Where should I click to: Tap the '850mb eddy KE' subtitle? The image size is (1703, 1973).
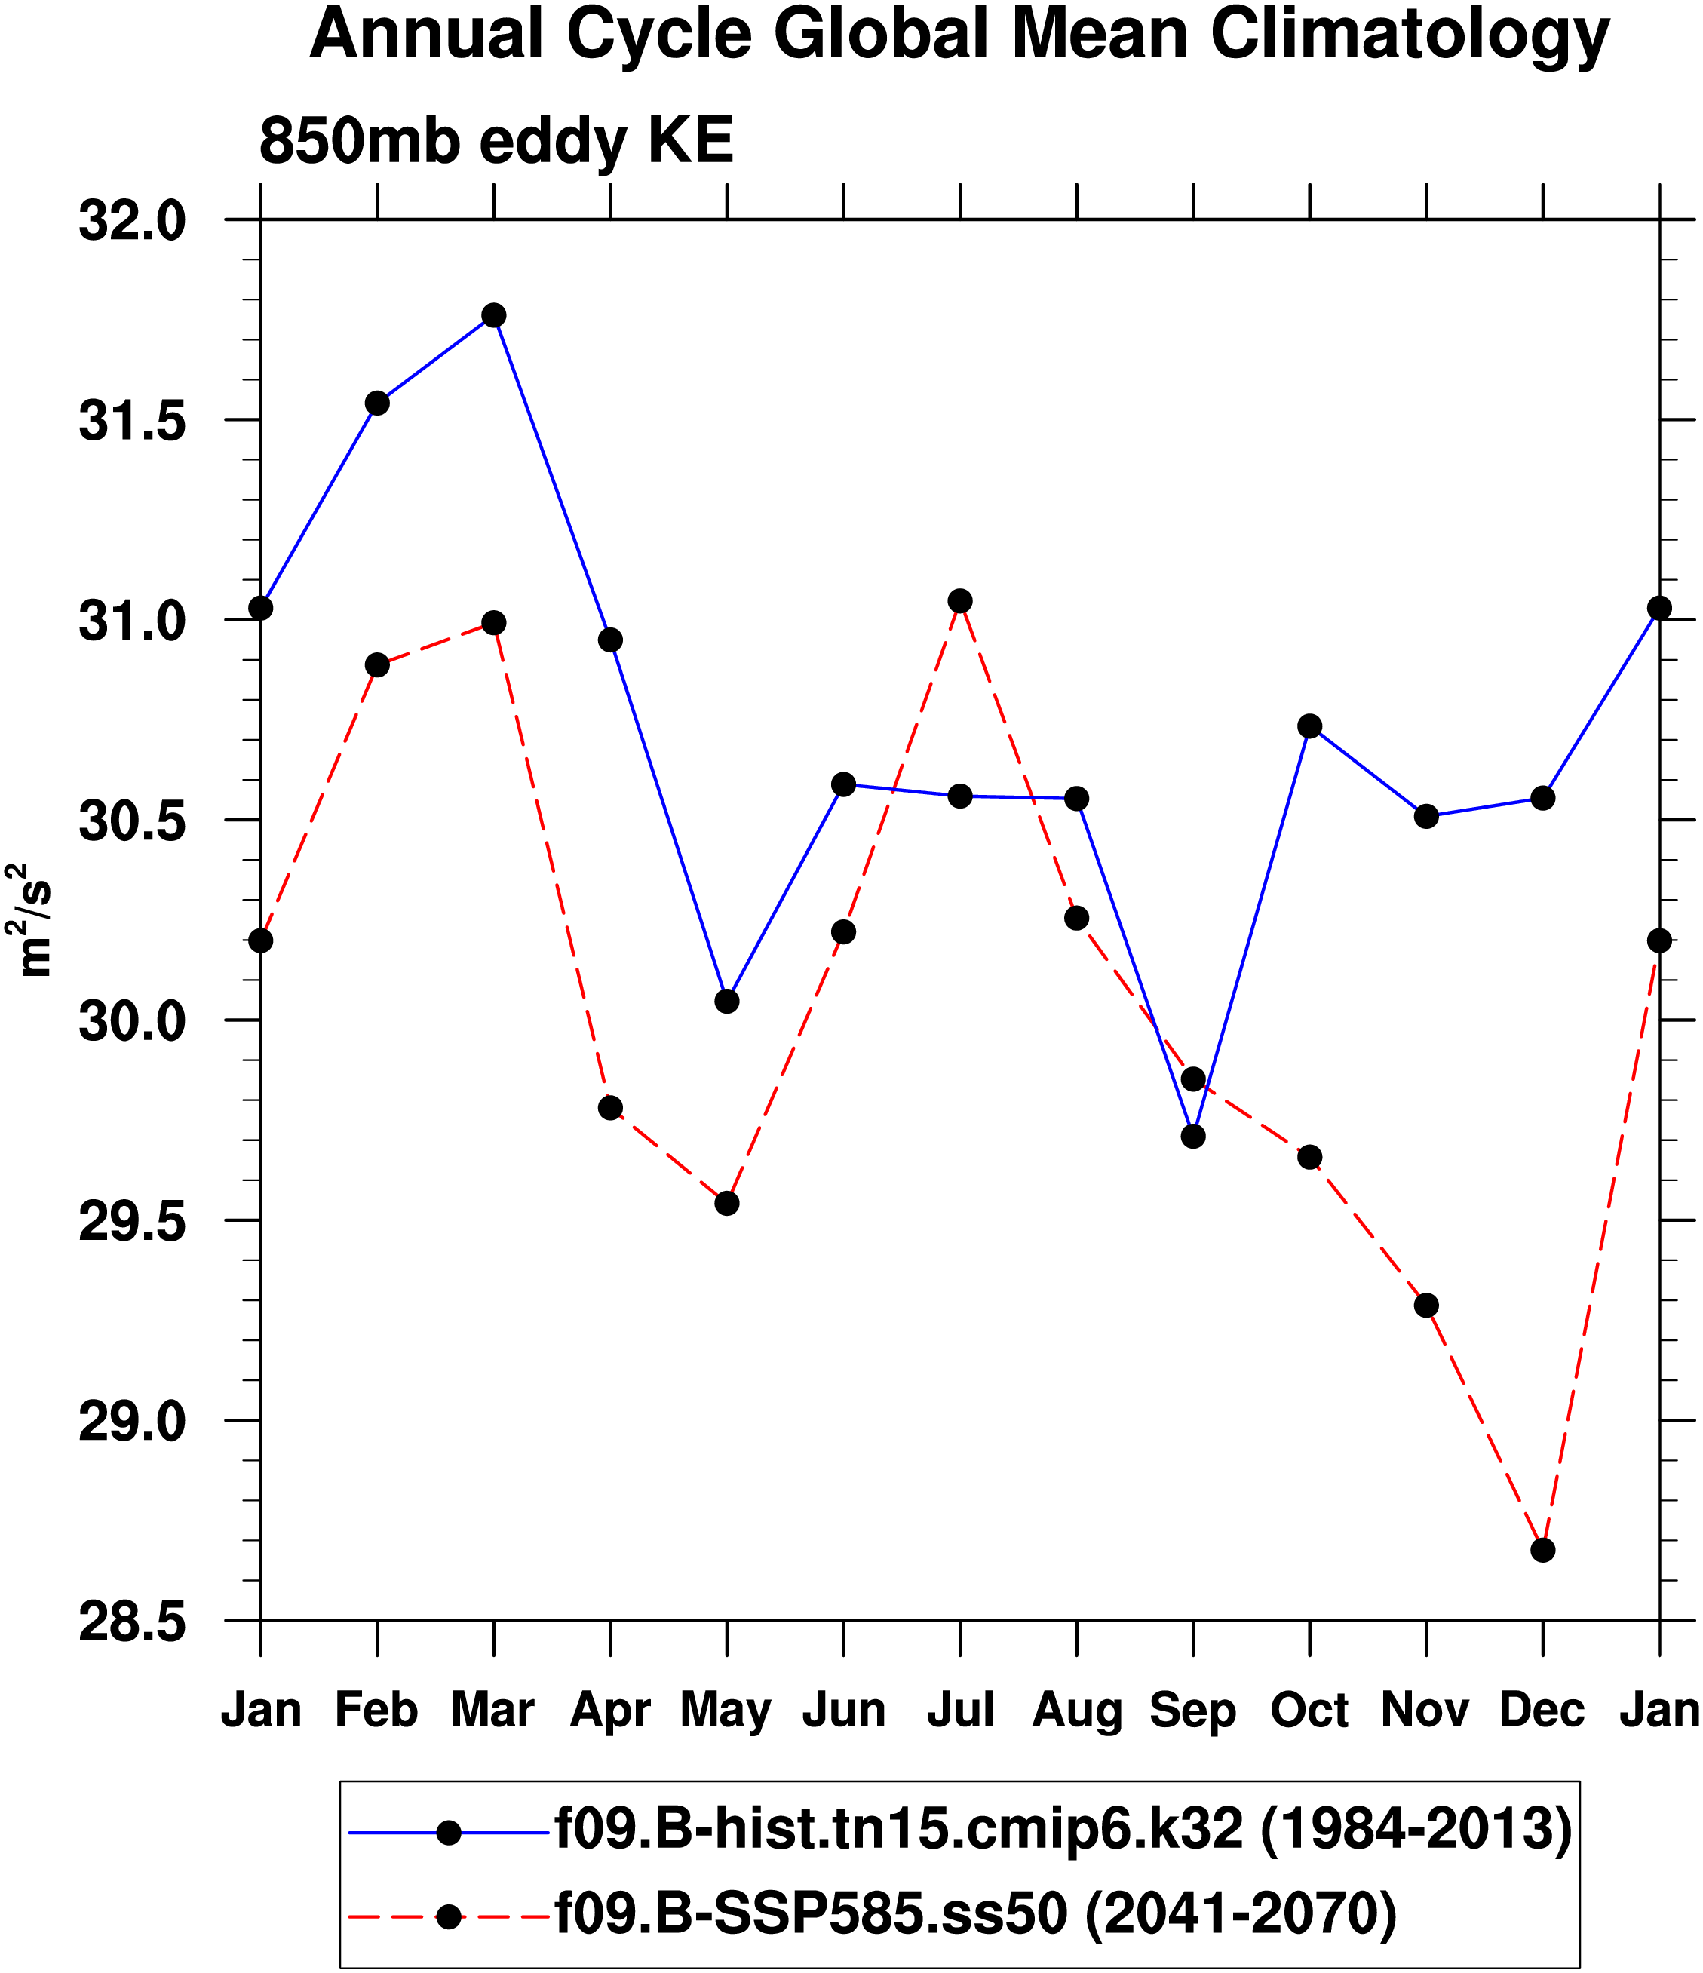[x=496, y=141]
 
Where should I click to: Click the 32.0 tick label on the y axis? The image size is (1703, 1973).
[x=131, y=222]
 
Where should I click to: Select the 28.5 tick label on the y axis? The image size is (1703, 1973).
[x=131, y=1622]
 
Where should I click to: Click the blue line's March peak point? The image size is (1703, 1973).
[x=493, y=315]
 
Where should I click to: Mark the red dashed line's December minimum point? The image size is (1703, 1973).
[x=1543, y=1550]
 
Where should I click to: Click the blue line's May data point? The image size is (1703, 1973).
[x=727, y=1001]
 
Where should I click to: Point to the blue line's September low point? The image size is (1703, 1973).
[x=1193, y=1136]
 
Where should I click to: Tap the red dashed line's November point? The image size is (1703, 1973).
[x=1426, y=1305]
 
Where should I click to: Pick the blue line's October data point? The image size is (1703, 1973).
[x=1309, y=726]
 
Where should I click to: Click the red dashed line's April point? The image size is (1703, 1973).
[x=610, y=1107]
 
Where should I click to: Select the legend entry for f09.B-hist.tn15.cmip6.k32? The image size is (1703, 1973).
[x=1063, y=1828]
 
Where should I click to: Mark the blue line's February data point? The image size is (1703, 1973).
[x=377, y=403]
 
